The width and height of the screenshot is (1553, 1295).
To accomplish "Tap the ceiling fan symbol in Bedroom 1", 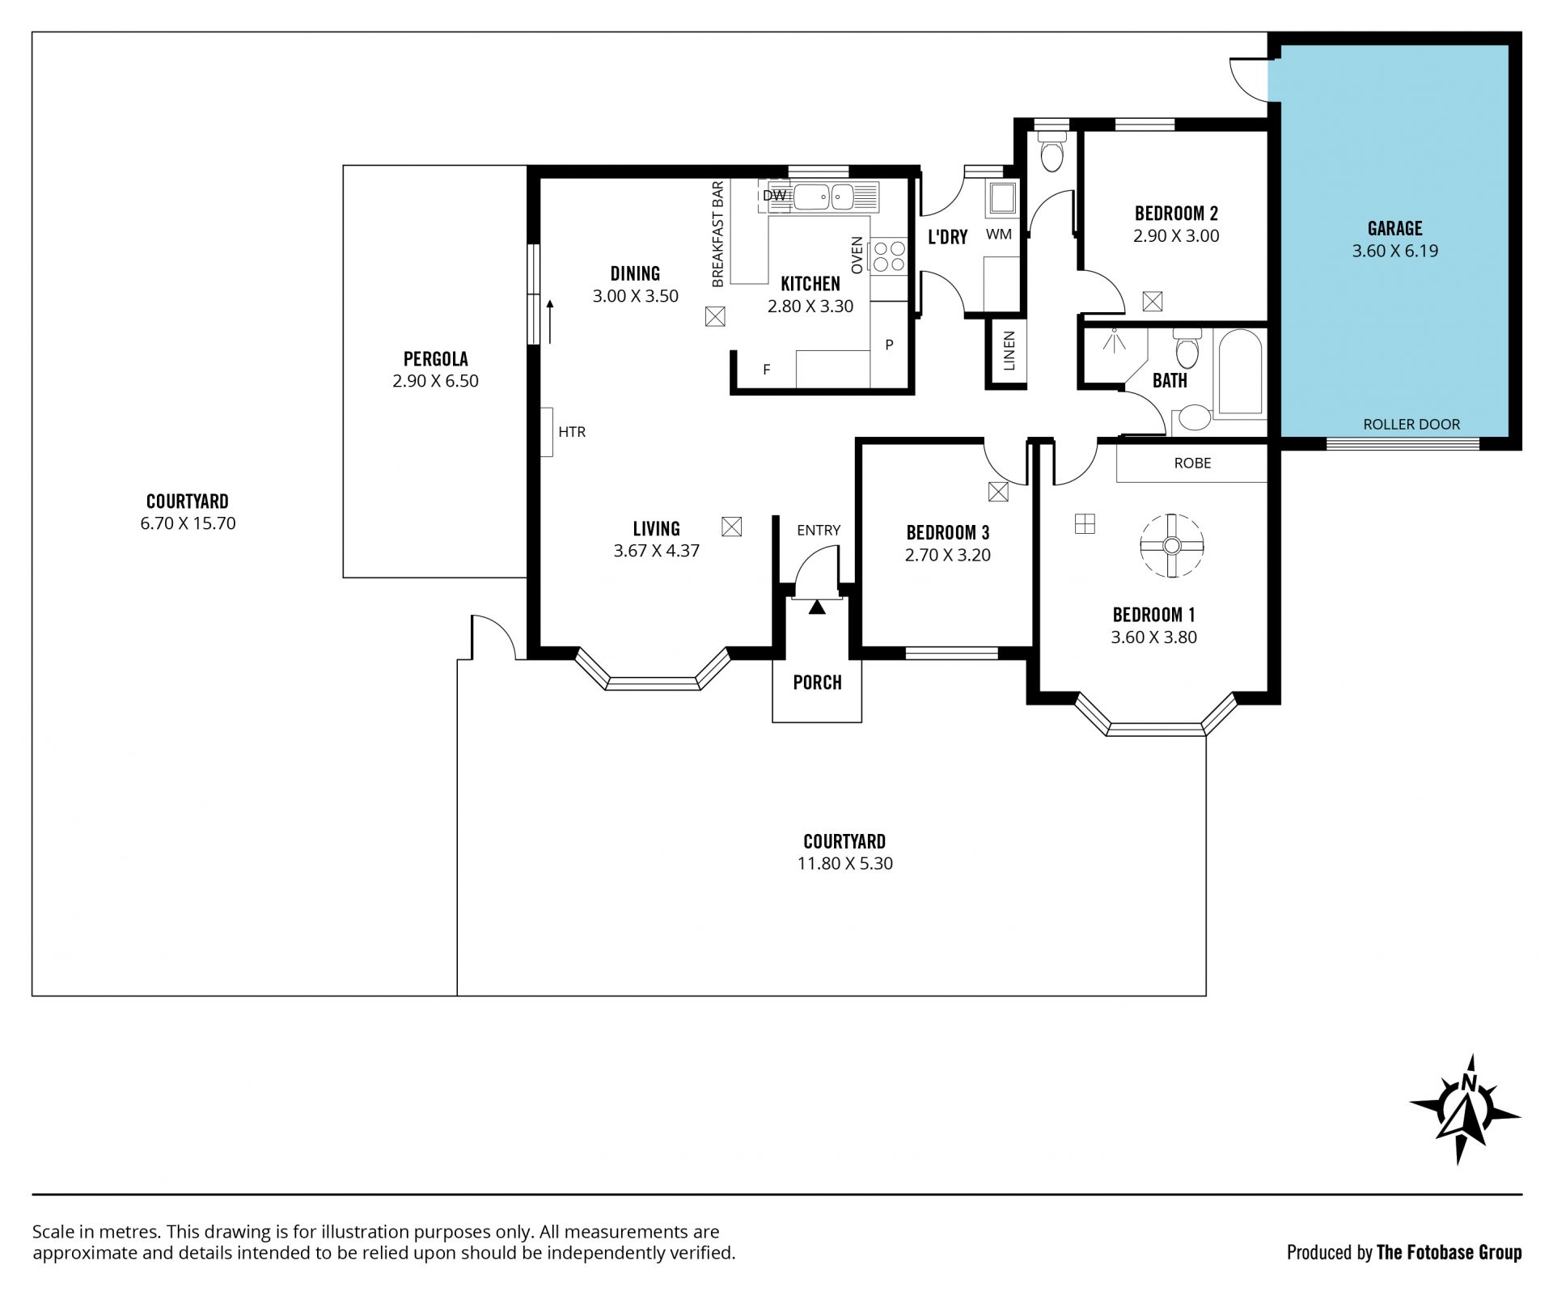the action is click(x=1171, y=546).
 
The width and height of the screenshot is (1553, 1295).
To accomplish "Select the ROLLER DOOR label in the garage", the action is click(x=1411, y=424).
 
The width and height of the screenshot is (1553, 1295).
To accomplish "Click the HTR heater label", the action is click(x=572, y=432).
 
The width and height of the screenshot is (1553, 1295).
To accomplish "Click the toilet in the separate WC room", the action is click(x=1052, y=153).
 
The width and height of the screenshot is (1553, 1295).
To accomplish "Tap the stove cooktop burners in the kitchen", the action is click(x=887, y=256).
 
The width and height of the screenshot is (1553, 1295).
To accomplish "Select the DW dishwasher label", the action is click(x=774, y=195).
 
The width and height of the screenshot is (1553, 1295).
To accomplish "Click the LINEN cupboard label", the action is click(x=1009, y=351).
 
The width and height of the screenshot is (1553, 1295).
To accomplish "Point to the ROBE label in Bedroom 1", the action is click(x=1192, y=463).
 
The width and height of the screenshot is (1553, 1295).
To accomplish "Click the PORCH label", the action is click(x=817, y=682).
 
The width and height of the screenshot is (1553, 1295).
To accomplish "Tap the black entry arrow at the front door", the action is click(x=817, y=607).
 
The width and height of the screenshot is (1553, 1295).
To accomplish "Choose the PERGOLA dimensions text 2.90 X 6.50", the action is click(x=435, y=381).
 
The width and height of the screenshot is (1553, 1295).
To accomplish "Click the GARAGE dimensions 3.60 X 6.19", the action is click(x=1394, y=251).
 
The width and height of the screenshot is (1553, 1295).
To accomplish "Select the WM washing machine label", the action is click(x=999, y=235).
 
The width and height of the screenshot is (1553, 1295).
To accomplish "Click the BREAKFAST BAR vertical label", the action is click(x=717, y=235).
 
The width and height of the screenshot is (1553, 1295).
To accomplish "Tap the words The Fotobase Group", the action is click(x=1449, y=1253).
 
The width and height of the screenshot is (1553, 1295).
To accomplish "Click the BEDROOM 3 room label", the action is click(x=947, y=532).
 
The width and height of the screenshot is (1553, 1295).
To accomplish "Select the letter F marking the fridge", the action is click(x=767, y=370).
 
